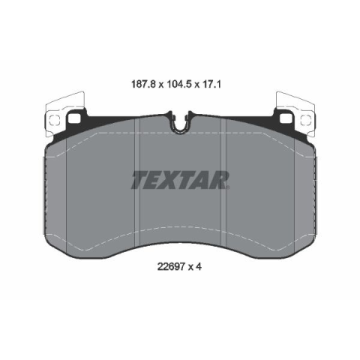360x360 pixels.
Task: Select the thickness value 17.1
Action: click(211, 85)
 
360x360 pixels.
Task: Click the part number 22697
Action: click(171, 267)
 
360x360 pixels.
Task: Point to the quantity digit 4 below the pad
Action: click(199, 267)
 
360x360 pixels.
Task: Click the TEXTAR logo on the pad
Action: click(180, 180)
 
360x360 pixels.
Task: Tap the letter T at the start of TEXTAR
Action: click(140, 180)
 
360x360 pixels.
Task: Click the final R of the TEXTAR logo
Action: click(219, 180)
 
